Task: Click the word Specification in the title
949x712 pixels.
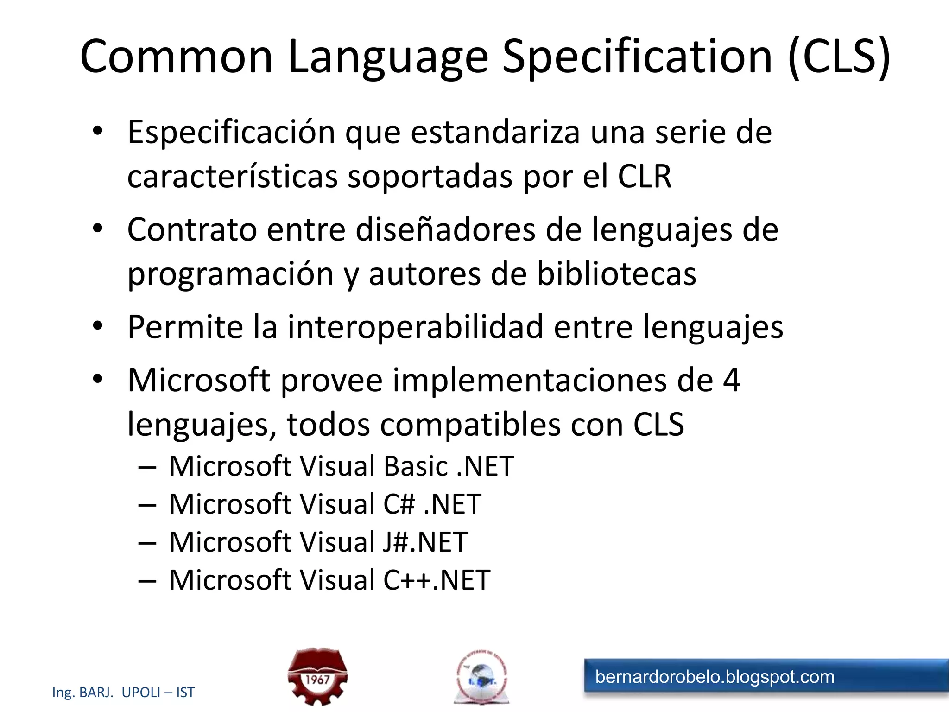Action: (x=637, y=57)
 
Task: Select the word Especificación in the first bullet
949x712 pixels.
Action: (x=231, y=133)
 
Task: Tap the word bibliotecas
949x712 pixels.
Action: (x=616, y=273)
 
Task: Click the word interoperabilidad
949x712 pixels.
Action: (x=415, y=327)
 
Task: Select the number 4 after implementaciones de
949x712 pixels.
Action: (x=731, y=380)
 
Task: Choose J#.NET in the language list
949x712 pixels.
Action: (x=424, y=542)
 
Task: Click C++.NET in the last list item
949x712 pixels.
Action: (x=437, y=580)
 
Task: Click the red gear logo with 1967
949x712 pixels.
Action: (x=317, y=677)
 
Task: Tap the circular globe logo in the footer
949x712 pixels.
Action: (x=481, y=677)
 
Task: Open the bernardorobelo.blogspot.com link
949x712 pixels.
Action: (x=715, y=677)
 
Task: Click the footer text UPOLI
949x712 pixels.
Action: (x=141, y=693)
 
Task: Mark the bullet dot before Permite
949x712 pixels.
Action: (x=97, y=326)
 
